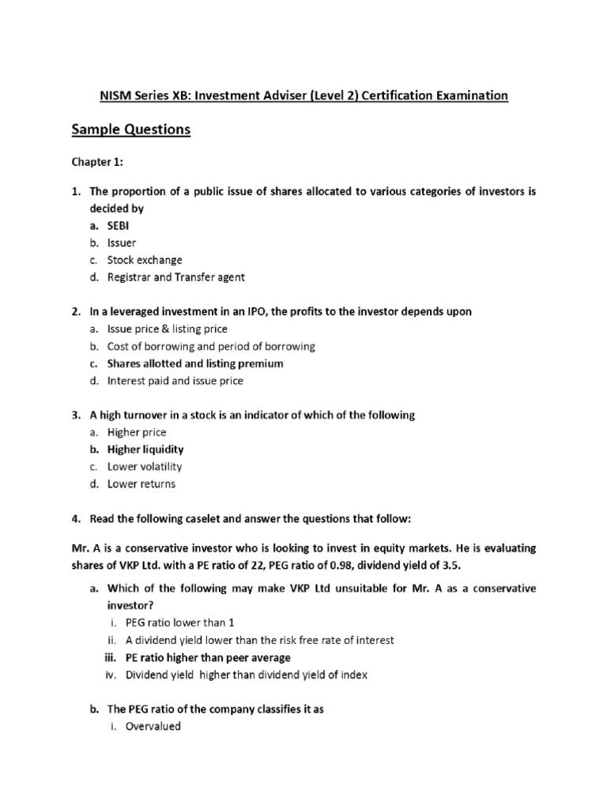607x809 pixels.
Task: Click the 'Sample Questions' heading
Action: click(131, 130)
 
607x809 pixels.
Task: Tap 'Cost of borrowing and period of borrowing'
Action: click(211, 346)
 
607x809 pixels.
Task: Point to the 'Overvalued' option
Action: click(153, 726)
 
